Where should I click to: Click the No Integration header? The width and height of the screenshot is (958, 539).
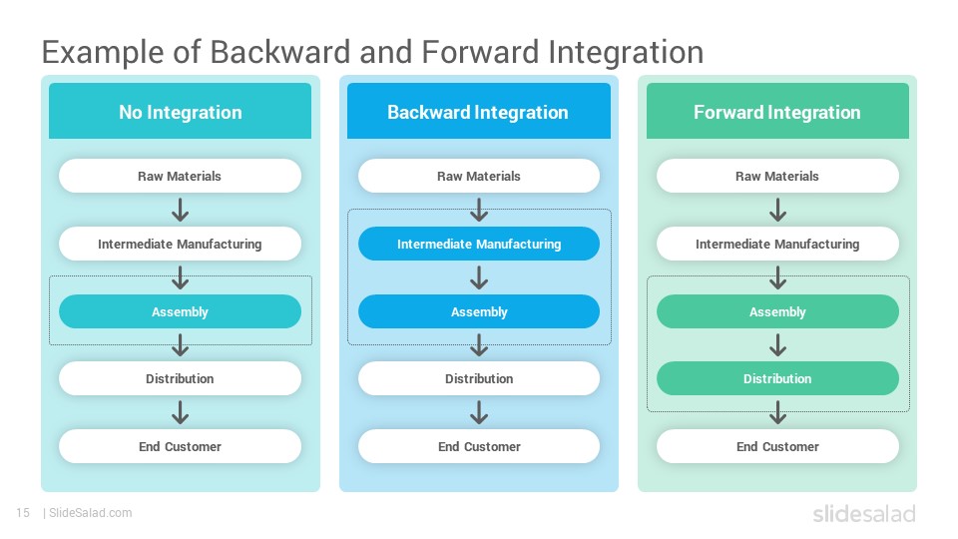click(181, 111)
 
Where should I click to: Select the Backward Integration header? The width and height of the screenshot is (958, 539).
click(478, 111)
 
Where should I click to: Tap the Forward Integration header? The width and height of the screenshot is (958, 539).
click(777, 111)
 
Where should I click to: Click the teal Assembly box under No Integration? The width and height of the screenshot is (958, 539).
click(180, 311)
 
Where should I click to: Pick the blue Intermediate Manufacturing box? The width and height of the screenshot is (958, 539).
click(478, 244)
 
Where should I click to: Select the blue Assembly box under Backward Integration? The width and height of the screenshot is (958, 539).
click(478, 311)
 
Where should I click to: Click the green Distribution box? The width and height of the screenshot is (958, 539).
click(777, 378)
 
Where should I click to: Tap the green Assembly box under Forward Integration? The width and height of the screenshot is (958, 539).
click(777, 311)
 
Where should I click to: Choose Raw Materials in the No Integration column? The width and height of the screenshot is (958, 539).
click(180, 176)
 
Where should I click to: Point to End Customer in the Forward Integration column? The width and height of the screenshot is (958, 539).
click(777, 447)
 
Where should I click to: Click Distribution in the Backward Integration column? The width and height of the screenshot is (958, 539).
click(478, 378)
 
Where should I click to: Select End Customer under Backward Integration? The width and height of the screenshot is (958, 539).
click(478, 447)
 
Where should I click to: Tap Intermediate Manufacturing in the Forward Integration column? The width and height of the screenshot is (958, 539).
click(777, 244)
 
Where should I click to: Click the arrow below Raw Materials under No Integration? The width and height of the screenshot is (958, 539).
click(180, 210)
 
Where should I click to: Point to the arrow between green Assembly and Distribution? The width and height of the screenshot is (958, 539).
click(777, 345)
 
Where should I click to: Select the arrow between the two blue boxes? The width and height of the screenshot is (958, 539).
click(478, 277)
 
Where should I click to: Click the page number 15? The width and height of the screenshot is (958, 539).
click(23, 513)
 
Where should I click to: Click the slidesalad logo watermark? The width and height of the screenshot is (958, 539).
click(864, 513)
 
